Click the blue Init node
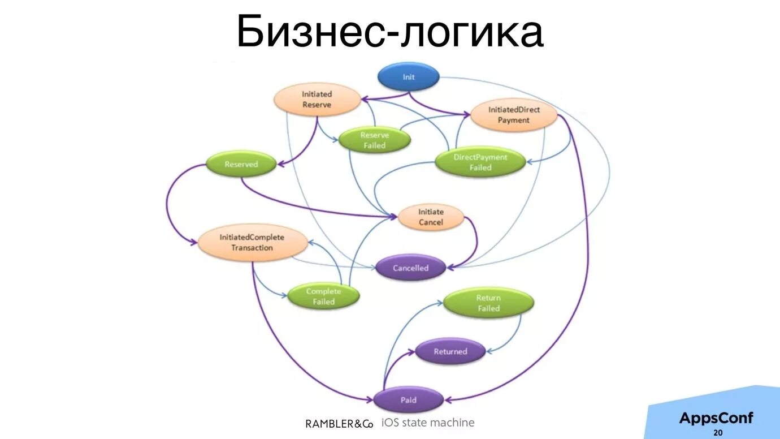click(408, 77)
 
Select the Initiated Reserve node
click(317, 100)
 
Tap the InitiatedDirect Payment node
click(514, 115)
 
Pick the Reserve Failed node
click(374, 140)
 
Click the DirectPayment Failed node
click(480, 162)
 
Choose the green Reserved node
click(241, 165)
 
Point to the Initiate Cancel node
click(431, 217)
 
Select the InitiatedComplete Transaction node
click(252, 243)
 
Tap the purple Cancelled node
click(410, 268)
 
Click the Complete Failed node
click(323, 296)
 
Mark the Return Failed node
click(488, 303)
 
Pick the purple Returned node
click(450, 352)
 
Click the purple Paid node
click(408, 401)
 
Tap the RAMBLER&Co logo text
click(339, 424)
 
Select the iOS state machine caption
click(428, 423)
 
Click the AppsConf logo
click(716, 418)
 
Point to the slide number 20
click(718, 433)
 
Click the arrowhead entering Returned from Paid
click(414, 353)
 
